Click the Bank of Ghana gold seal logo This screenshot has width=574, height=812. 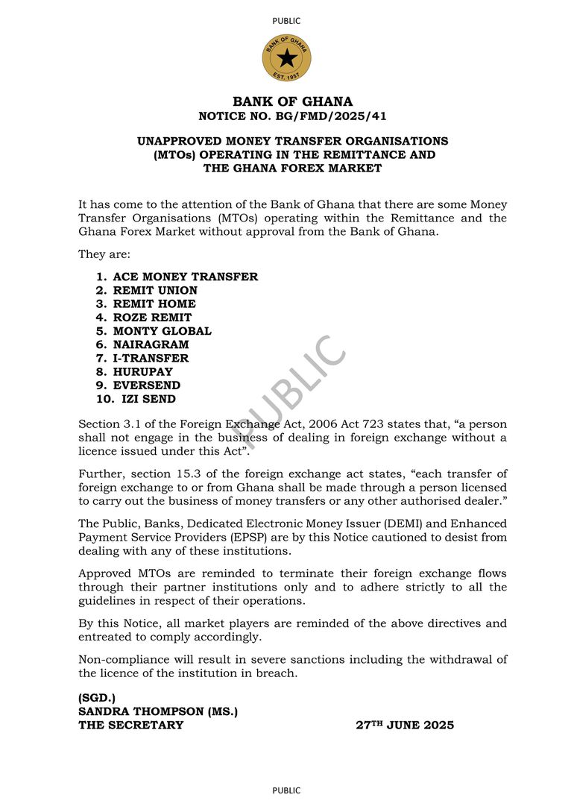pos(287,58)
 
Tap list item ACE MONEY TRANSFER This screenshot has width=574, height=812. pos(186,277)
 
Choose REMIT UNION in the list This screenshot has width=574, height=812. pos(155,290)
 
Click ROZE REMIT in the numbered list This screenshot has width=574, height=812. pos(152,318)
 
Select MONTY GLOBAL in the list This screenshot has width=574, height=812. pos(162,331)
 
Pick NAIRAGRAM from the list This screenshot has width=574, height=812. pos(151,344)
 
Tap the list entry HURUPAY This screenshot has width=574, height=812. pos(142,371)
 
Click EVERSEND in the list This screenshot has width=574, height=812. pos(147,385)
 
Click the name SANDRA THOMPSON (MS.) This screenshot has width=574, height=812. pos(158,711)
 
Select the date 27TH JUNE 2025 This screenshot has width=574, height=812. pos(405,725)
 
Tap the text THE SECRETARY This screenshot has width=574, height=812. pos(131,725)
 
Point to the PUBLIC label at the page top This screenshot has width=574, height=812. pos(287,21)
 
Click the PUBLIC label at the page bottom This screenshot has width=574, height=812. pos(287,790)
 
